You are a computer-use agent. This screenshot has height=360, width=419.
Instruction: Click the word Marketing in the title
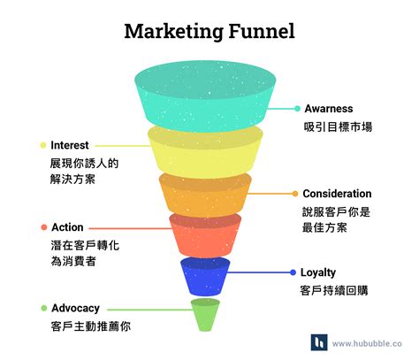click(x=173, y=32)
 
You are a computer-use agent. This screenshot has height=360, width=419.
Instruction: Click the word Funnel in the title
click(x=262, y=31)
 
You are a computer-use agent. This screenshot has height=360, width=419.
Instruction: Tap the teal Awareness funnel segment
click(x=205, y=96)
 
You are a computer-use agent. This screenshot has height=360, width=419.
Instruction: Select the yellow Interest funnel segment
click(x=205, y=153)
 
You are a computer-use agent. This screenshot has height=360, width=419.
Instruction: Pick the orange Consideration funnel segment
click(x=205, y=195)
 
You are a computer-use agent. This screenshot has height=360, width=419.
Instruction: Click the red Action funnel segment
click(x=205, y=235)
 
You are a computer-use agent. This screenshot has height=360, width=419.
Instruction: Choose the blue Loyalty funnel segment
click(x=205, y=277)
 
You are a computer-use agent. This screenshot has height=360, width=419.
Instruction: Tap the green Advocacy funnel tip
click(x=205, y=315)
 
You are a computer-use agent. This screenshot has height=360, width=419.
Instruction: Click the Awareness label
click(x=329, y=109)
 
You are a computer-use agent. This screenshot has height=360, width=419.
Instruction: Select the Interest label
click(x=70, y=145)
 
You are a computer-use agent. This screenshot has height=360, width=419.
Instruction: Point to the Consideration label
click(x=337, y=194)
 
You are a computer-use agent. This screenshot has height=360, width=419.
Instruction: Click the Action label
click(x=67, y=227)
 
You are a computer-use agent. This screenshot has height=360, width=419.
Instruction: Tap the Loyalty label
click(x=318, y=272)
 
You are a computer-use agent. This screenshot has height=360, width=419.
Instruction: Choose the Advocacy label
click(x=75, y=309)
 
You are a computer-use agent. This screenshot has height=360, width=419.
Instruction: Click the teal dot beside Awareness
click(x=297, y=109)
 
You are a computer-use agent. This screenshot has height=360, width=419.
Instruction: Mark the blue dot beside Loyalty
click(x=293, y=272)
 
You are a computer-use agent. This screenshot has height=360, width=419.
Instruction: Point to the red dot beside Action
click(x=44, y=227)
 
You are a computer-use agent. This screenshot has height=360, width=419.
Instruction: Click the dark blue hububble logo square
click(x=319, y=342)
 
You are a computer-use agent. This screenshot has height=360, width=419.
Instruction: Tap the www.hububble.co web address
click(x=367, y=343)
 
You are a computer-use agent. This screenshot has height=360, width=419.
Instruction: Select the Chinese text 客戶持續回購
click(x=334, y=290)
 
